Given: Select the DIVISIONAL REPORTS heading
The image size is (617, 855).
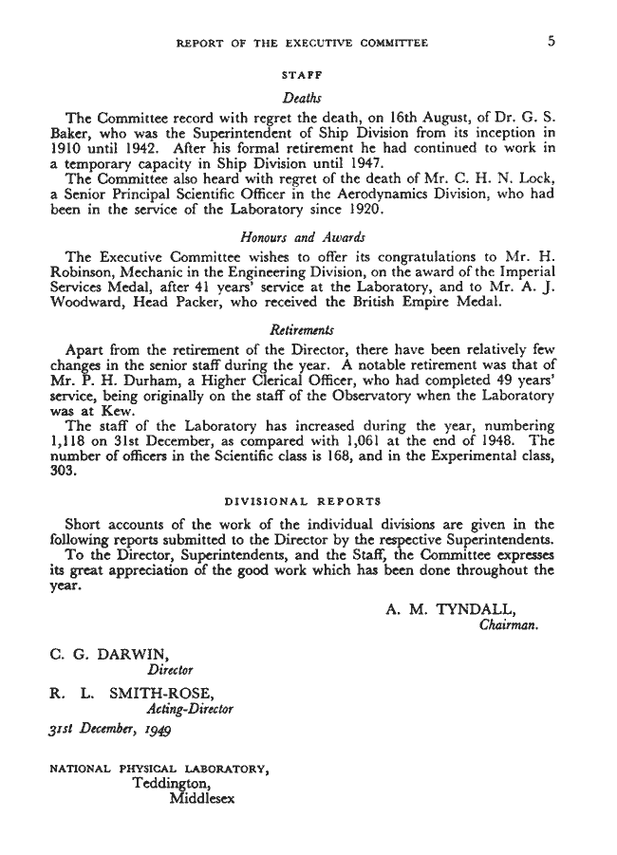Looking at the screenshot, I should pyautogui.click(x=302, y=499).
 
